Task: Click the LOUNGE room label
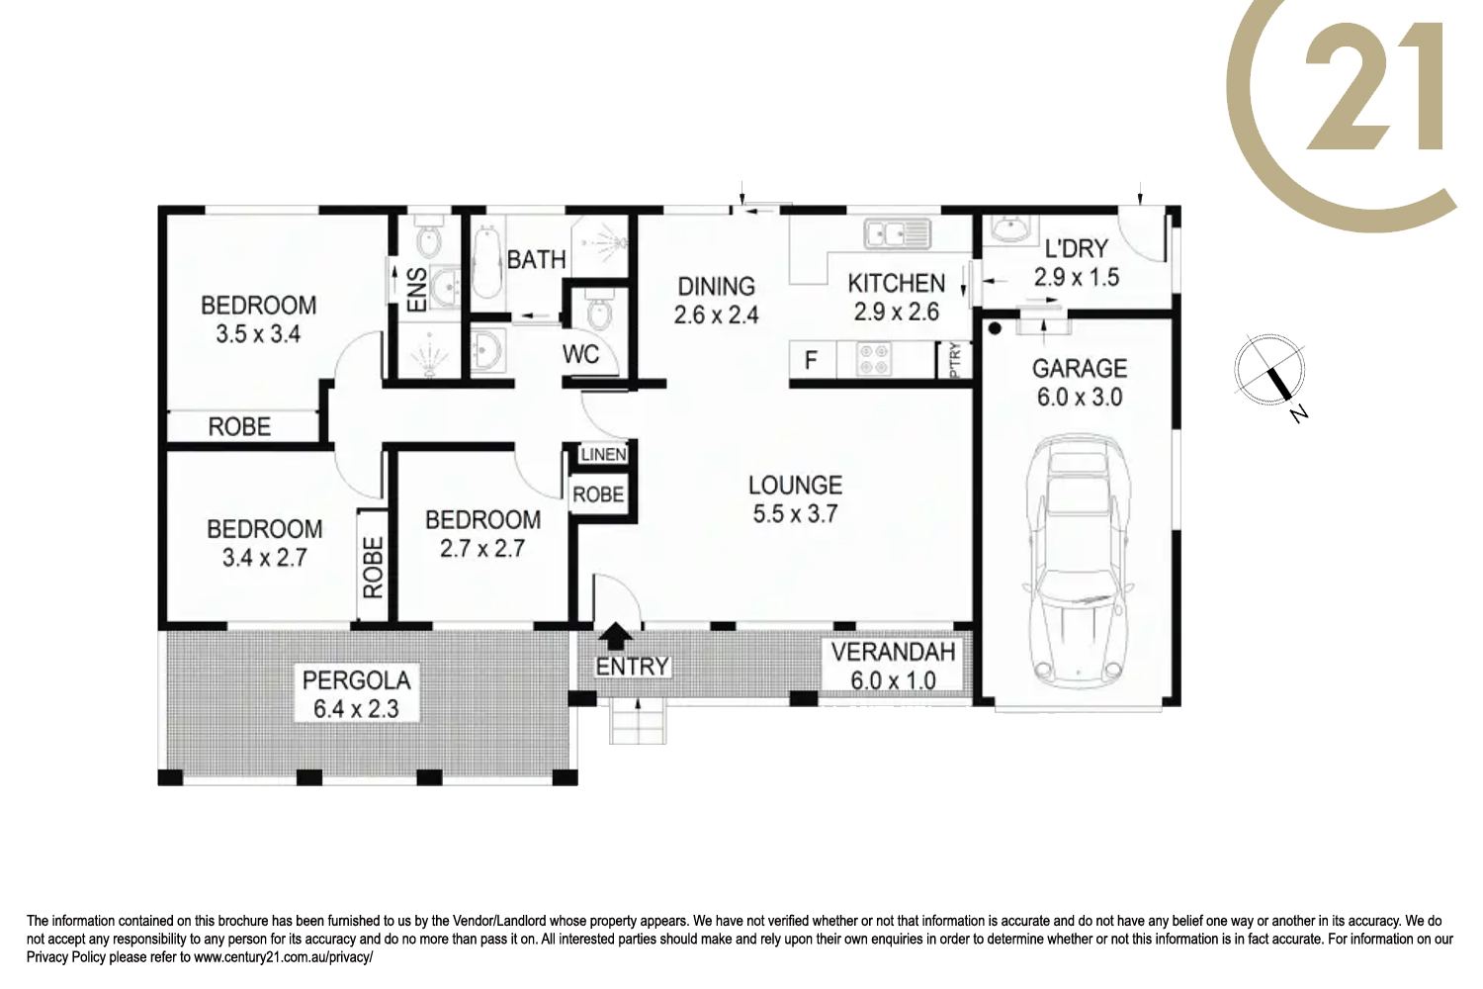795,485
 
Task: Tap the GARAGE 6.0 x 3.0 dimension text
1080,397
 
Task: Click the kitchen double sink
897,233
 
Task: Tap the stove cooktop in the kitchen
874,360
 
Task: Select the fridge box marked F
813,360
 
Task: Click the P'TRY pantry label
955,360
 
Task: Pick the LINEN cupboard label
603,454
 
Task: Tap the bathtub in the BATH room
486,263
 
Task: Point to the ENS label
417,290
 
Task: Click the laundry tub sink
1010,228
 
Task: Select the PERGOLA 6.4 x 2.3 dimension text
356,709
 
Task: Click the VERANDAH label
893,652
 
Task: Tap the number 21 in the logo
1373,86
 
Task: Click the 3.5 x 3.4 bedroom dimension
258,334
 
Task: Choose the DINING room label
717,286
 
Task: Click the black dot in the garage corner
995,328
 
